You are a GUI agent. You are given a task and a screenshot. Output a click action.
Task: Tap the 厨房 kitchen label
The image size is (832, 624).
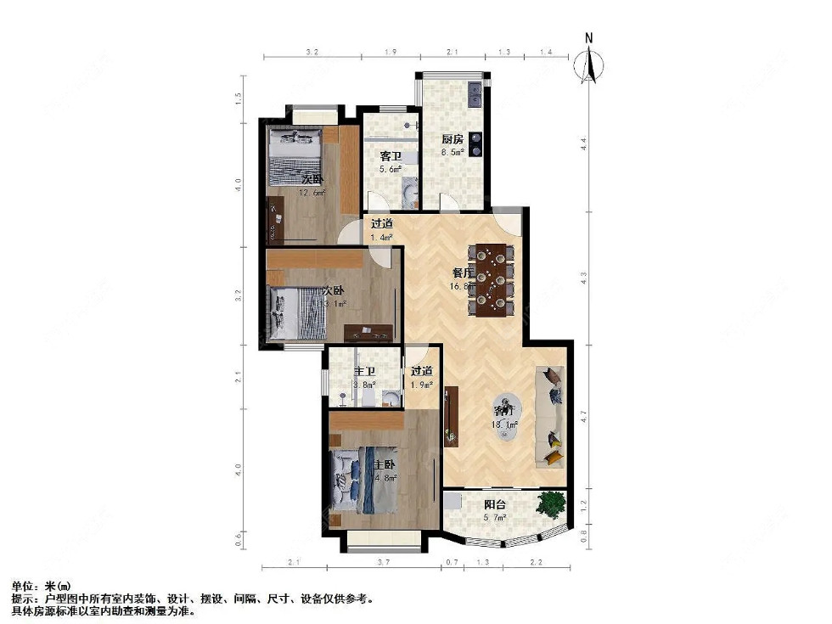pyautogui.click(x=452, y=139)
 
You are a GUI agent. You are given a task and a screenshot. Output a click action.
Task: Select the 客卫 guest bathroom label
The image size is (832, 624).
pyautogui.click(x=390, y=156)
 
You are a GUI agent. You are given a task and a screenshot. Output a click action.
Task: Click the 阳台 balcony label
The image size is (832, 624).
pyautogui.click(x=494, y=503)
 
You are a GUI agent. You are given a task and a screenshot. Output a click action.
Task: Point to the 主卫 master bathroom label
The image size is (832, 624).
pyautogui.click(x=364, y=372)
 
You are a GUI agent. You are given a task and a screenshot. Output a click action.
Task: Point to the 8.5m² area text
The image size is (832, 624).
pyautogui.click(x=453, y=153)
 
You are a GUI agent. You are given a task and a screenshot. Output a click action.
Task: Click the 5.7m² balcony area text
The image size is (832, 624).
pyautogui.click(x=494, y=517)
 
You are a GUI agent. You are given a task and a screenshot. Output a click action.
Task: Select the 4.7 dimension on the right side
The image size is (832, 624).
pyautogui.click(x=583, y=416)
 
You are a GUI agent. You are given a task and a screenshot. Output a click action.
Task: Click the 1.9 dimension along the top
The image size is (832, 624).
pyautogui.click(x=391, y=53)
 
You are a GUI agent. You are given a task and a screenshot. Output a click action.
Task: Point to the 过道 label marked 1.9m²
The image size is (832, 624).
pyautogui.click(x=422, y=371)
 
